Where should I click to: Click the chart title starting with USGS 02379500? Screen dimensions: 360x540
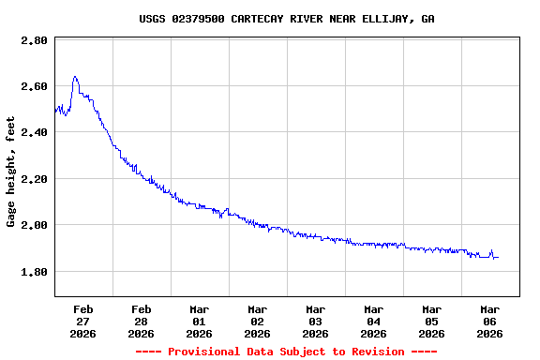coord(286,19)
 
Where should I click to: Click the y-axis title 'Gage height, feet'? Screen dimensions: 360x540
coord(11,172)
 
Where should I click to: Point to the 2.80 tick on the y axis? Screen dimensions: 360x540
coord(34,41)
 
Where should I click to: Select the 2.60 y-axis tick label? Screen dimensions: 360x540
coord(34,87)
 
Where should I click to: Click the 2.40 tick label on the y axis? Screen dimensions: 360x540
coord(34,133)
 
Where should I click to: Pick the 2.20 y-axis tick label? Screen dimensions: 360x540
coord(34,179)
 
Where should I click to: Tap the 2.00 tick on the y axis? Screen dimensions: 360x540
coord(34,225)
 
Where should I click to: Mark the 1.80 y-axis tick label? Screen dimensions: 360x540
coord(34,272)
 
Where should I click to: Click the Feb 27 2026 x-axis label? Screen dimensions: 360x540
coord(83,321)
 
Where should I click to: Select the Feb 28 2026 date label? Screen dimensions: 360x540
coord(142,321)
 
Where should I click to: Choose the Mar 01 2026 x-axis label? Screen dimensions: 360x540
coord(200,321)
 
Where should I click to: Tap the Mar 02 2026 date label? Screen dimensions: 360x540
coord(258,321)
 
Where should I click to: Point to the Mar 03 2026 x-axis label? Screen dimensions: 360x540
coord(316,321)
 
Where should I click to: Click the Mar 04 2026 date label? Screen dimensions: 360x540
coord(374,321)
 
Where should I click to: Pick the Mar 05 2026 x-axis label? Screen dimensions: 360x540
coord(432,321)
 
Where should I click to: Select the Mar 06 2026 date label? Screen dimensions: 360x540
coord(490,321)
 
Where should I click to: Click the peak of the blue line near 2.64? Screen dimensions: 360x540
coord(75,77)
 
